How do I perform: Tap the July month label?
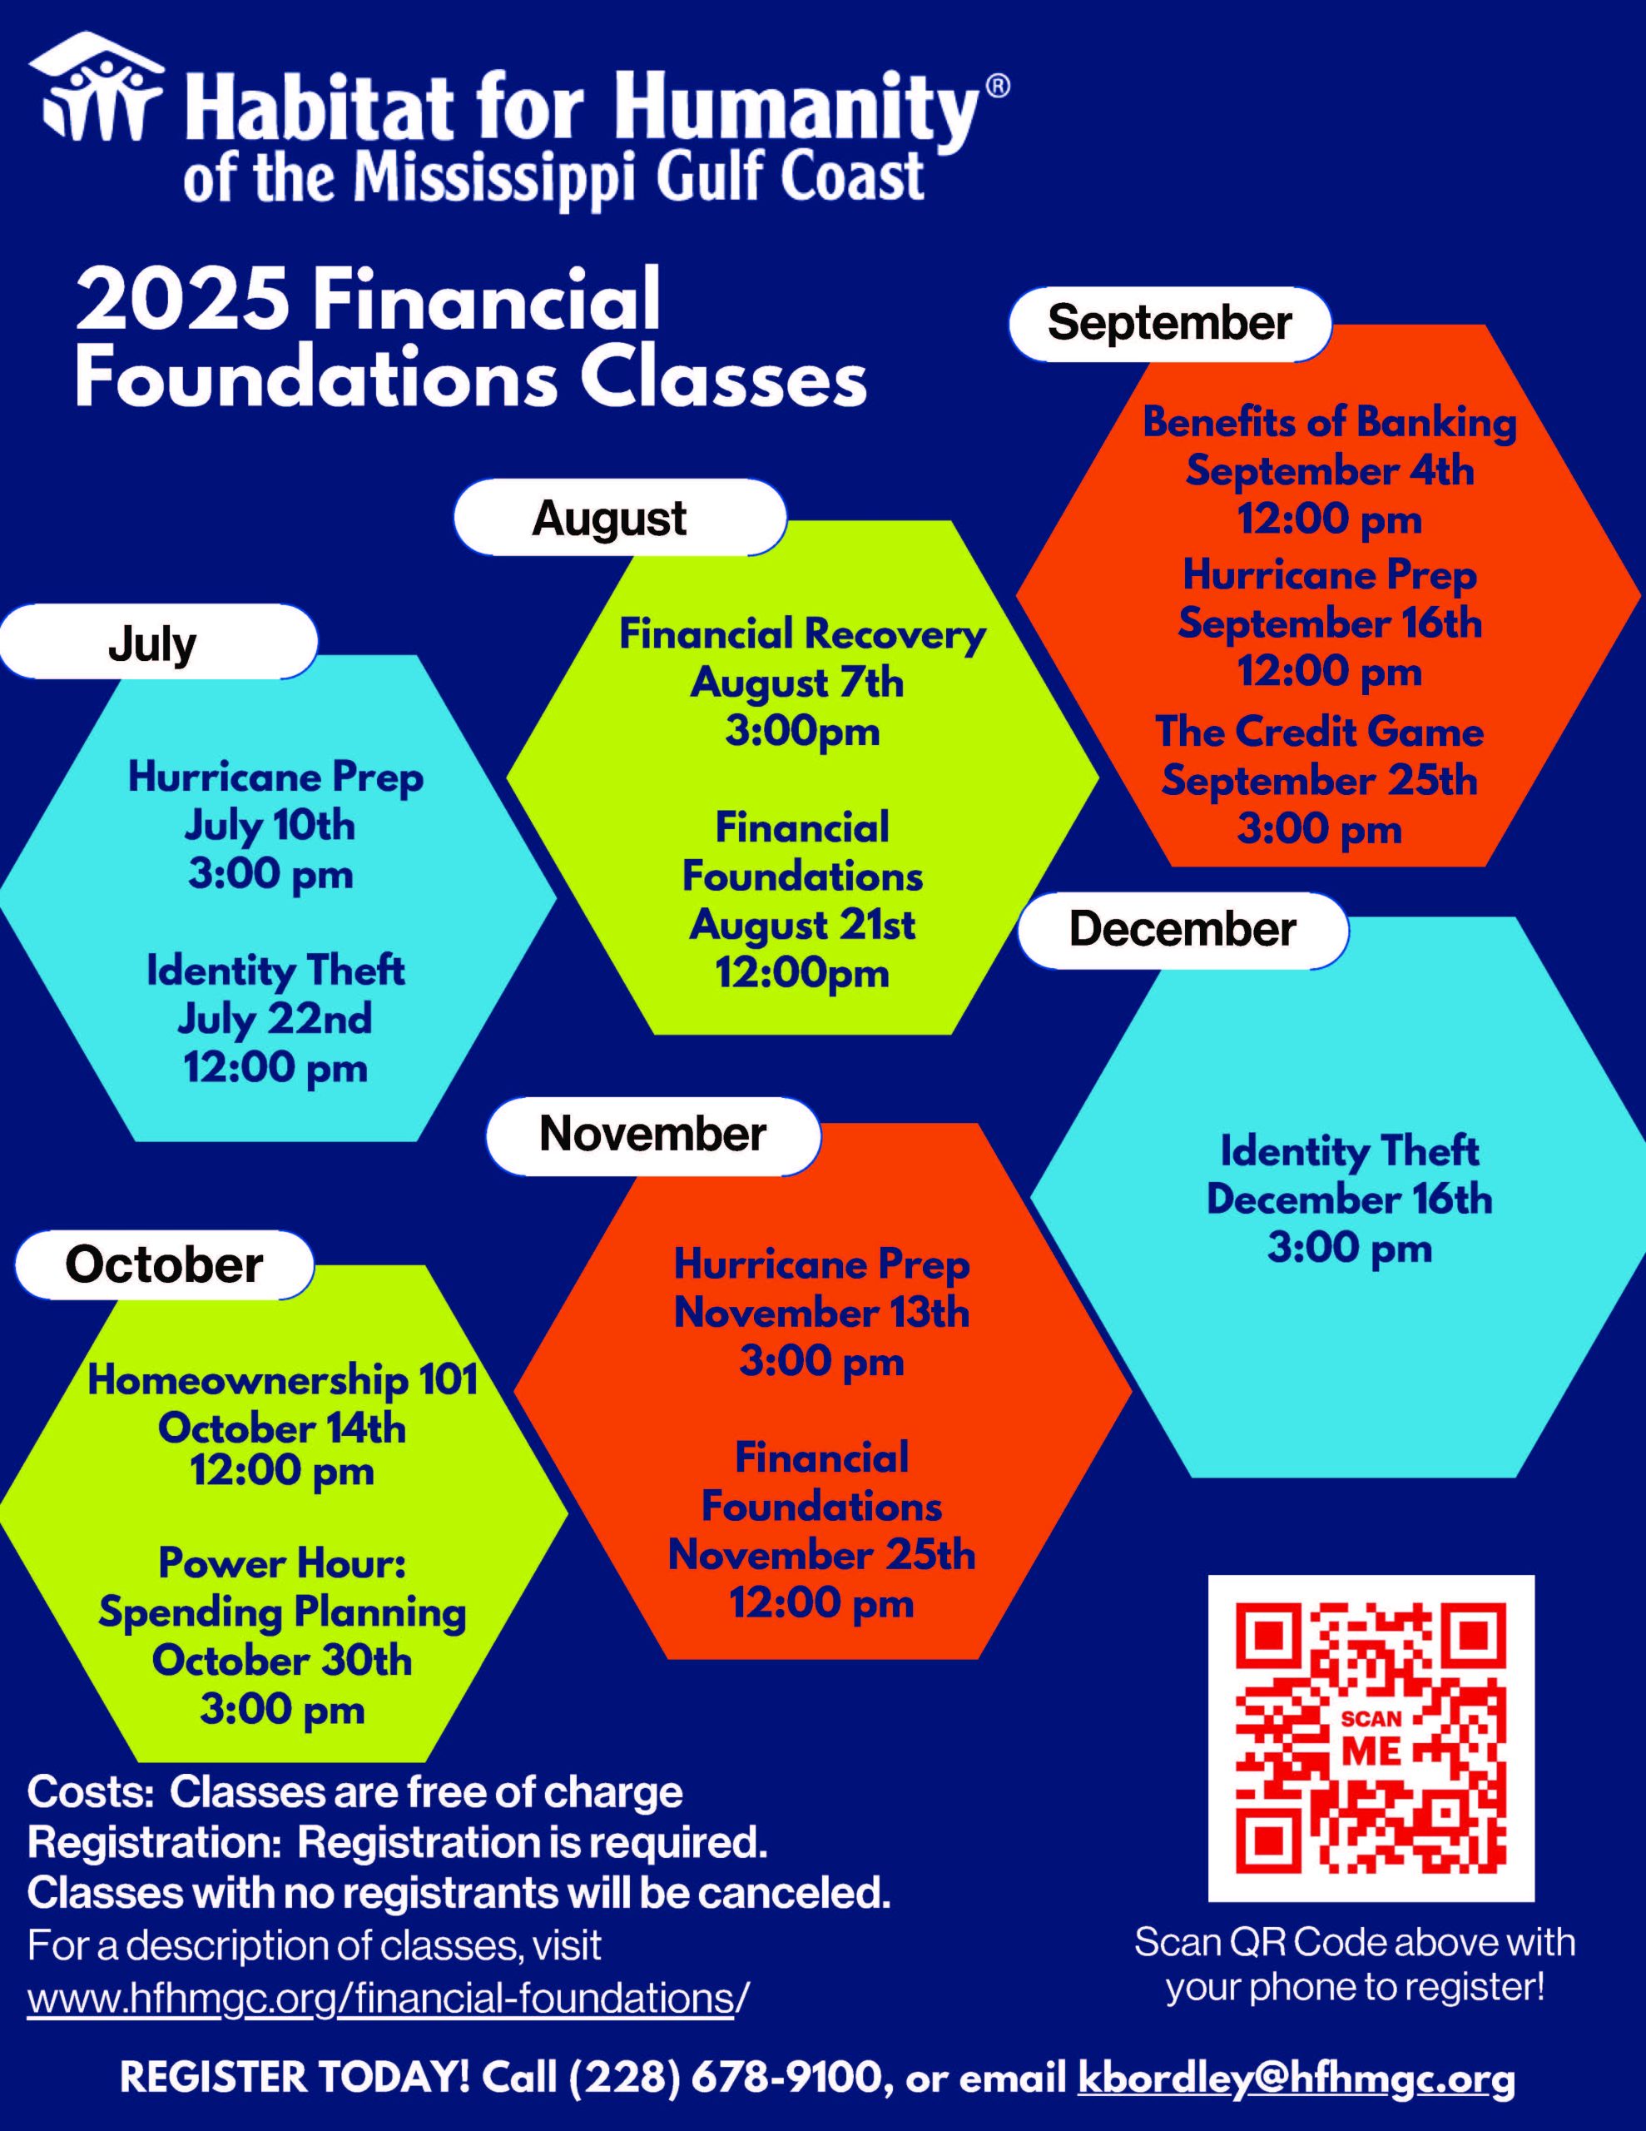pos(153,643)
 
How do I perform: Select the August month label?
pos(610,518)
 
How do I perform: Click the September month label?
pos(1169,323)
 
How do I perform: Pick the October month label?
pos(164,1264)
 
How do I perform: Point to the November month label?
pos(652,1134)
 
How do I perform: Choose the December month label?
pos(1182,929)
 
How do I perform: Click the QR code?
pos(1371,1738)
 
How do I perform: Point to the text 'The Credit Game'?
pos(1319,732)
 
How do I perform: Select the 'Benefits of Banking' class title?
pos(1330,423)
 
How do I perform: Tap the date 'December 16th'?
pos(1350,1200)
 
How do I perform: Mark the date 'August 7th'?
pos(797,683)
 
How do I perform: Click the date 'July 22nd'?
pos(275,1020)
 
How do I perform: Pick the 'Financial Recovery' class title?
pos(802,634)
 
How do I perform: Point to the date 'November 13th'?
pos(821,1314)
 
